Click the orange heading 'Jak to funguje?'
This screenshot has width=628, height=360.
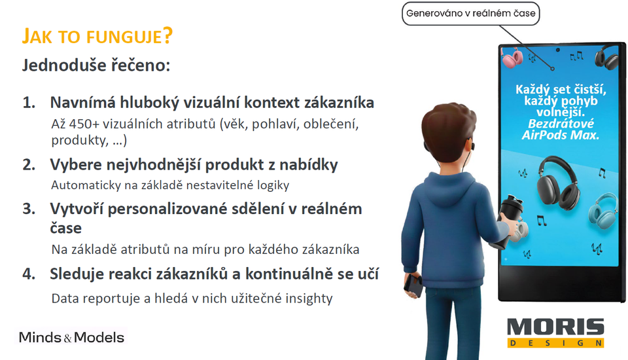(x=97, y=37)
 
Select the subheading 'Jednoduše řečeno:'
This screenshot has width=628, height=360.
(x=96, y=65)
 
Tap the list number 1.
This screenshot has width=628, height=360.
(x=29, y=103)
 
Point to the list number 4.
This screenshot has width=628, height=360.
(x=29, y=274)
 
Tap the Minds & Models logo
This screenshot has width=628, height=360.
(x=71, y=337)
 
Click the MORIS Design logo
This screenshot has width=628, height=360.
(x=555, y=333)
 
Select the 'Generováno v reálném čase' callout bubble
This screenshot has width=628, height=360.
(x=470, y=13)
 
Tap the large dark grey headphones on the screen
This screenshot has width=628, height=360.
(x=558, y=183)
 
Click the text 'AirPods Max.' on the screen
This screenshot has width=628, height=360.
(x=561, y=135)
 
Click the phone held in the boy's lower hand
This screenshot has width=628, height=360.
(x=413, y=285)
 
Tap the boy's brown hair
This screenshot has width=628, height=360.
(x=449, y=128)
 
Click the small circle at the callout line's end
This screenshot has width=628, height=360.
(x=552, y=69)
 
